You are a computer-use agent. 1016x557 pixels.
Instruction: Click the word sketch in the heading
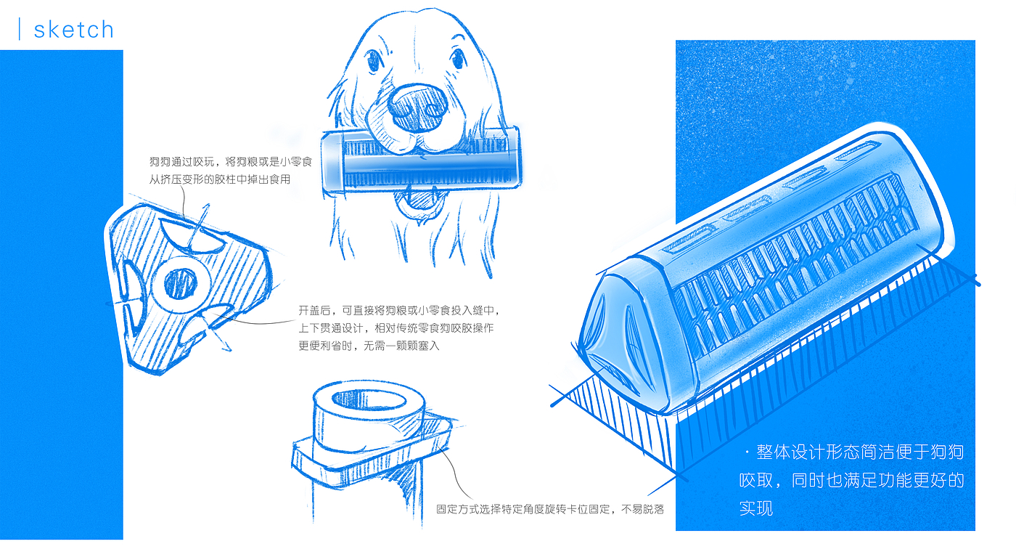pos(73,30)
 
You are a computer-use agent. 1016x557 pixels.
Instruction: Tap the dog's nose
pos(417,107)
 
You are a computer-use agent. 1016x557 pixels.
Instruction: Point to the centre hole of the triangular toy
pos(181,284)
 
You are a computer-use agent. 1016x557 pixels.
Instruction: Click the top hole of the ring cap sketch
pos(369,400)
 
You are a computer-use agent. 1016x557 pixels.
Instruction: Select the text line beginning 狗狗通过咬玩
pos(231,162)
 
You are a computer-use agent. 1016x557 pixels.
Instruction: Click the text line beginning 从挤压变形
pos(219,179)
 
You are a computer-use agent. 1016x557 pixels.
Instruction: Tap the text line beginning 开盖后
pos(400,311)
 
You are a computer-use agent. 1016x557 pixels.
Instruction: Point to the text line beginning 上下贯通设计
pos(396,328)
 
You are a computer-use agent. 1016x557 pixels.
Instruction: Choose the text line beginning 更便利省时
pos(369,346)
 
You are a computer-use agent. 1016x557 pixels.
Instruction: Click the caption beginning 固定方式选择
pos(550,509)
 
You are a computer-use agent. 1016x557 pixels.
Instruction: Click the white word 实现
pos(756,508)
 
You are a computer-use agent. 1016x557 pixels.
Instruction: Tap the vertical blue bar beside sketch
pos(20,29)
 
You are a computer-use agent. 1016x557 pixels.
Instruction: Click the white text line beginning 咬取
pos(852,480)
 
